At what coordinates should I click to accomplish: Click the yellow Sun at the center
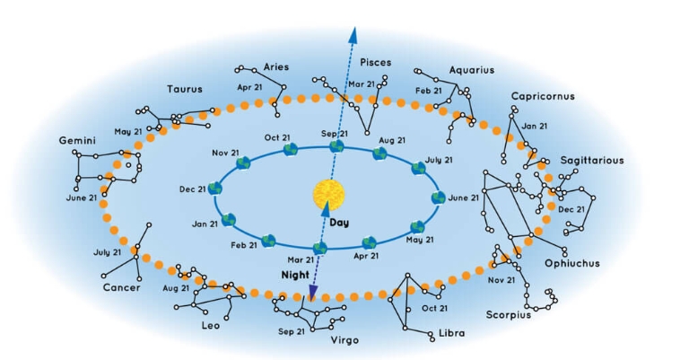(x=328, y=194)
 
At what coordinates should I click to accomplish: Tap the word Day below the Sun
(x=339, y=223)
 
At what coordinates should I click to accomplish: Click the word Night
(x=295, y=276)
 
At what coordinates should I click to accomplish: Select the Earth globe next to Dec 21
(x=215, y=189)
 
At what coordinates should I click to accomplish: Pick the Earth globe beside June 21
(x=438, y=198)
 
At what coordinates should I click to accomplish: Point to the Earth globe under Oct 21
(x=291, y=149)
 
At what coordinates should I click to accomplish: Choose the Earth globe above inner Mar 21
(x=320, y=249)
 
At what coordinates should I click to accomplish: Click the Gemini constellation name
(x=77, y=141)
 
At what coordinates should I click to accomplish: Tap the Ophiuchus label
(x=572, y=263)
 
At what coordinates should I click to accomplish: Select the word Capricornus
(x=543, y=96)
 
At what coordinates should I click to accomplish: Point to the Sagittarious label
(x=592, y=161)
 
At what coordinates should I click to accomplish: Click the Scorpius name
(x=509, y=315)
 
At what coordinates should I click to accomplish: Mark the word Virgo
(x=344, y=340)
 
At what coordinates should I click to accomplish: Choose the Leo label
(x=211, y=326)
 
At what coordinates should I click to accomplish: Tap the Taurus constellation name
(x=185, y=89)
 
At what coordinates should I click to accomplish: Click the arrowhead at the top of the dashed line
(x=353, y=35)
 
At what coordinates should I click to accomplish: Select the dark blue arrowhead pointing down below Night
(x=313, y=292)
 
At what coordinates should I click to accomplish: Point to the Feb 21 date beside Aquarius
(x=429, y=91)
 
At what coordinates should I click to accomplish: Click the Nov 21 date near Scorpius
(x=501, y=280)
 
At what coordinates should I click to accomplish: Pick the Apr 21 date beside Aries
(x=249, y=87)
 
